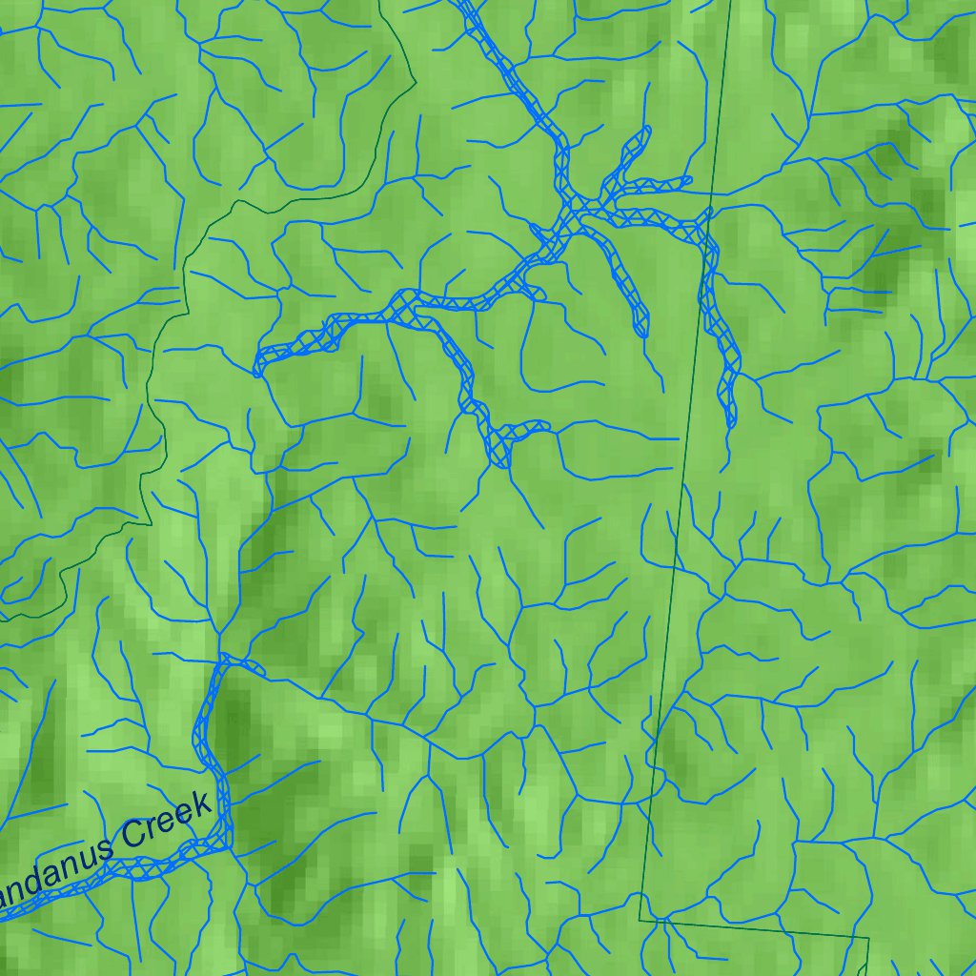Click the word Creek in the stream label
(x=162, y=824)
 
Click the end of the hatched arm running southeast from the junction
(x=641, y=334)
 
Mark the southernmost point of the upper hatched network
(x=501, y=464)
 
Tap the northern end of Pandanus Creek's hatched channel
(x=226, y=658)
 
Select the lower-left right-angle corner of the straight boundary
(x=640, y=921)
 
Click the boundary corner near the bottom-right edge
(x=868, y=938)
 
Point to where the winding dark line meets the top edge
(x=379, y=2)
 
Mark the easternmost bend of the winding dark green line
(x=416, y=84)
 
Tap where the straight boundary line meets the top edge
(x=730, y=2)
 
